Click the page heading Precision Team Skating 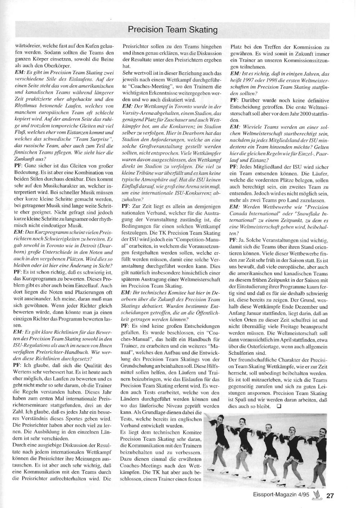pos(173,30)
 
